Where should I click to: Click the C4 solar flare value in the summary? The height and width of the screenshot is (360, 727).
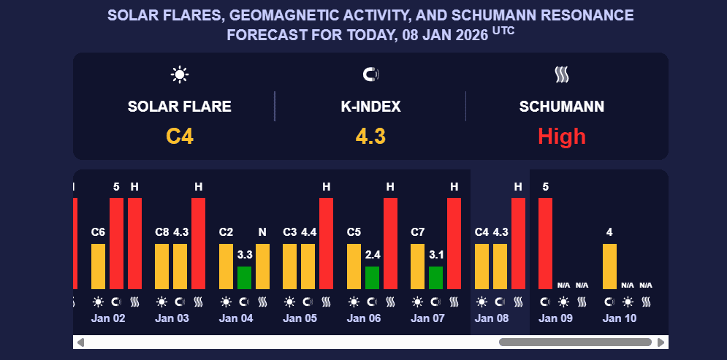tap(180, 137)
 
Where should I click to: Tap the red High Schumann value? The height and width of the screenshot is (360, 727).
tap(562, 137)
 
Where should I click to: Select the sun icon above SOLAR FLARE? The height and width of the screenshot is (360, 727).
tap(180, 74)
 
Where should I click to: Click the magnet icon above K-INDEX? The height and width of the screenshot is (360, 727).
tap(371, 74)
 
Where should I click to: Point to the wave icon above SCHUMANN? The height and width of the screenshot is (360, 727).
tap(562, 74)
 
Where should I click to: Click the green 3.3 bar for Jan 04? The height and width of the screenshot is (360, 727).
tap(244, 277)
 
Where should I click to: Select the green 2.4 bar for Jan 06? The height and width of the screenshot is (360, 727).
tap(372, 277)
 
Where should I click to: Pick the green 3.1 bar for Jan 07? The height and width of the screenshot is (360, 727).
tap(435, 277)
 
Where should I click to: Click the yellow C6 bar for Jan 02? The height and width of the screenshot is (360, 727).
tap(98, 266)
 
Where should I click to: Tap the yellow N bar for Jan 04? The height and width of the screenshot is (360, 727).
tap(262, 266)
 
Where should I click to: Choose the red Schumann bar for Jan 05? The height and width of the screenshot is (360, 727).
tap(326, 243)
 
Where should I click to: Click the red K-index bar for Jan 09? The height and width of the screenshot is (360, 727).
tap(545, 243)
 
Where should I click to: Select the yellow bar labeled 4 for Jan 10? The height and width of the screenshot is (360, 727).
tap(609, 266)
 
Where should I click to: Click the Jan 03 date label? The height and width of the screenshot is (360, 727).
tap(172, 318)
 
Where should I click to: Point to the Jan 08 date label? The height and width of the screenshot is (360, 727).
tap(491, 318)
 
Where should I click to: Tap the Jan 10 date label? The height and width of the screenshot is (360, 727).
tap(619, 318)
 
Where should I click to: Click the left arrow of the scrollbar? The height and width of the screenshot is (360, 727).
tap(80, 342)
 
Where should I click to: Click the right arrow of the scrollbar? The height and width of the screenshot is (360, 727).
tap(661, 342)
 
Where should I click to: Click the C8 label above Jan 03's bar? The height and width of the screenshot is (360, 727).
tap(161, 232)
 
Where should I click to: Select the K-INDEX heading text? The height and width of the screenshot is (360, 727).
tap(371, 107)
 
